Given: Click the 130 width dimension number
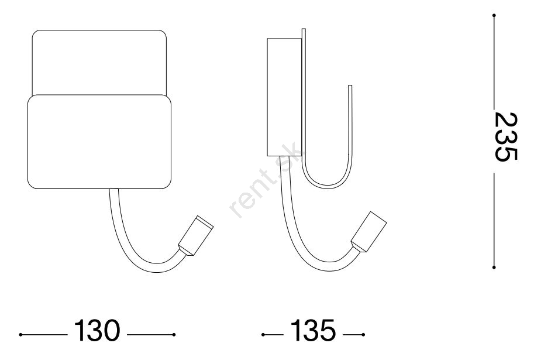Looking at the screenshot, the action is (x=97, y=330).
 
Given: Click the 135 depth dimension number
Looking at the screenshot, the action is (x=313, y=330).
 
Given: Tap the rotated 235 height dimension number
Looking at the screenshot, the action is (x=506, y=136).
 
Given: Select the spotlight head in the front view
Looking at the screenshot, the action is (x=196, y=235).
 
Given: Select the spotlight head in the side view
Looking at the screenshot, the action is (x=369, y=232).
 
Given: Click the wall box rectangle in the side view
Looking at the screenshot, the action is (x=284, y=97).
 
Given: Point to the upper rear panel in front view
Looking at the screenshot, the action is (x=99, y=63).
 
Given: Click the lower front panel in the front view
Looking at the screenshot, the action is (x=99, y=142).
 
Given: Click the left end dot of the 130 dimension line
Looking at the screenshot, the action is (x=21, y=335).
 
